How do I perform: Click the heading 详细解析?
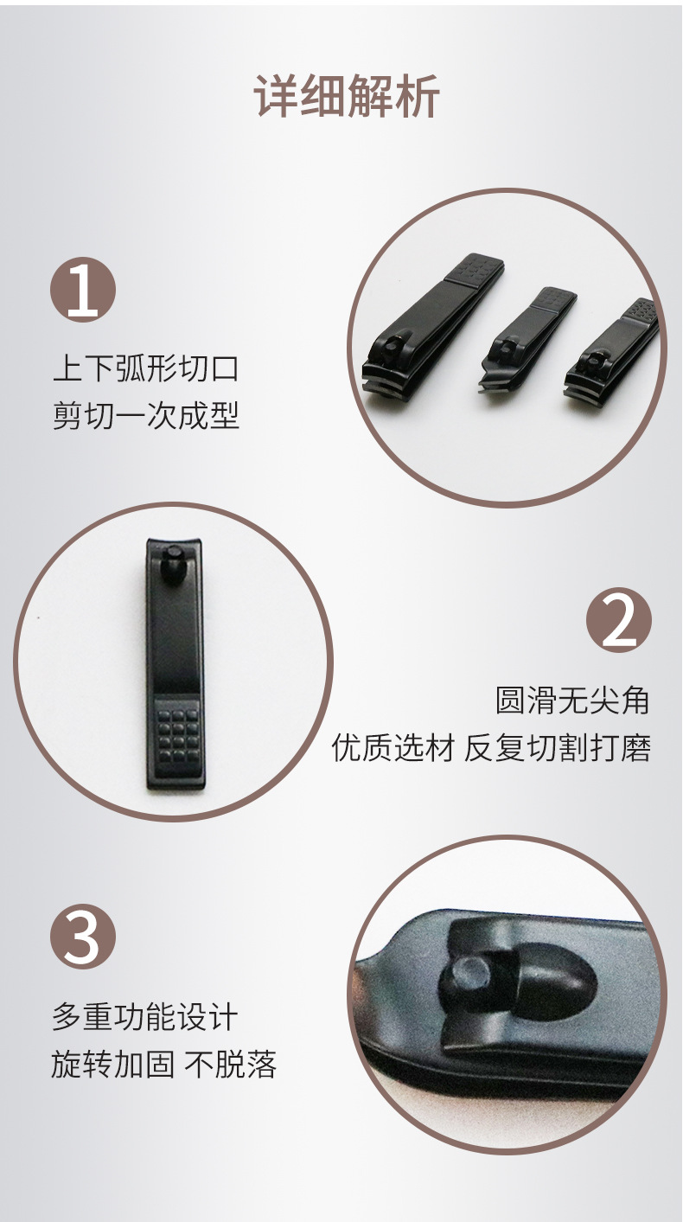tap(347, 95)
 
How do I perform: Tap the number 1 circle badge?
tap(83, 290)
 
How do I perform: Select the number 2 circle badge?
tap(618, 619)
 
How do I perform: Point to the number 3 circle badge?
tap(83, 936)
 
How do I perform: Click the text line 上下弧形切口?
tap(145, 368)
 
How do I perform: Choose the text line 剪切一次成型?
tap(145, 416)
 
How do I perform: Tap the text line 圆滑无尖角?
tap(571, 700)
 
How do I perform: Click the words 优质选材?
tap(393, 747)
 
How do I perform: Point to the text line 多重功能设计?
tap(144, 1017)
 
